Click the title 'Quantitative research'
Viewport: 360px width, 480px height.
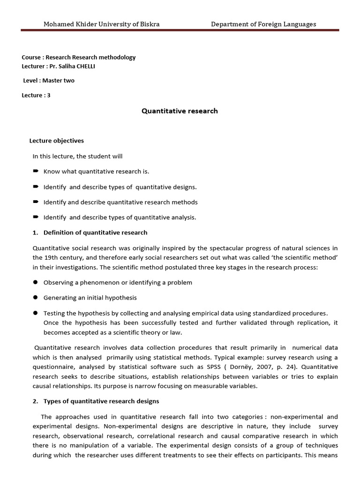pyautogui.click(x=180, y=111)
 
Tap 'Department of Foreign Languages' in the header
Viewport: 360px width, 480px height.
pyautogui.click(x=263, y=24)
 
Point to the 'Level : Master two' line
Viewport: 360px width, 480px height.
pyautogui.click(x=49, y=80)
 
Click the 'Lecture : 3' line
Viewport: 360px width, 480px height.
pyautogui.click(x=36, y=95)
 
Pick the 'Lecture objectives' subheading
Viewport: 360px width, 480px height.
pyautogui.click(x=57, y=141)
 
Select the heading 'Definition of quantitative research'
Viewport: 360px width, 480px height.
pyautogui.click(x=95, y=232)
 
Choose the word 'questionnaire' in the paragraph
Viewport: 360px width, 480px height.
pyautogui.click(x=54, y=367)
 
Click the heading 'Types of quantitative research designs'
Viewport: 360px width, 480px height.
pyautogui.click(x=101, y=401)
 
